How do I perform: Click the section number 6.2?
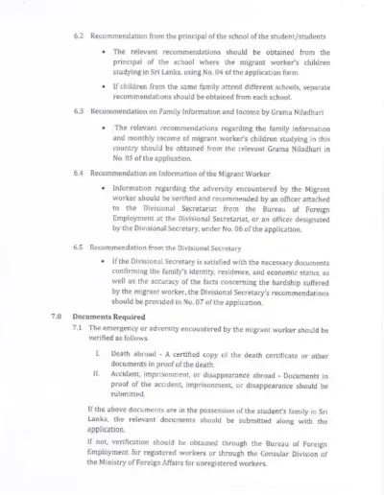click(80, 35)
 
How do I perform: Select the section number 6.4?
click(80, 174)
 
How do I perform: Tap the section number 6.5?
click(80, 247)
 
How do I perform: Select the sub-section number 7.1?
click(79, 327)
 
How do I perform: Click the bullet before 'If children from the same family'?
click(102, 86)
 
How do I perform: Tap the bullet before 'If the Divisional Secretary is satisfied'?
click(102, 261)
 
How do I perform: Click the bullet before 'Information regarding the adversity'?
click(102, 189)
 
